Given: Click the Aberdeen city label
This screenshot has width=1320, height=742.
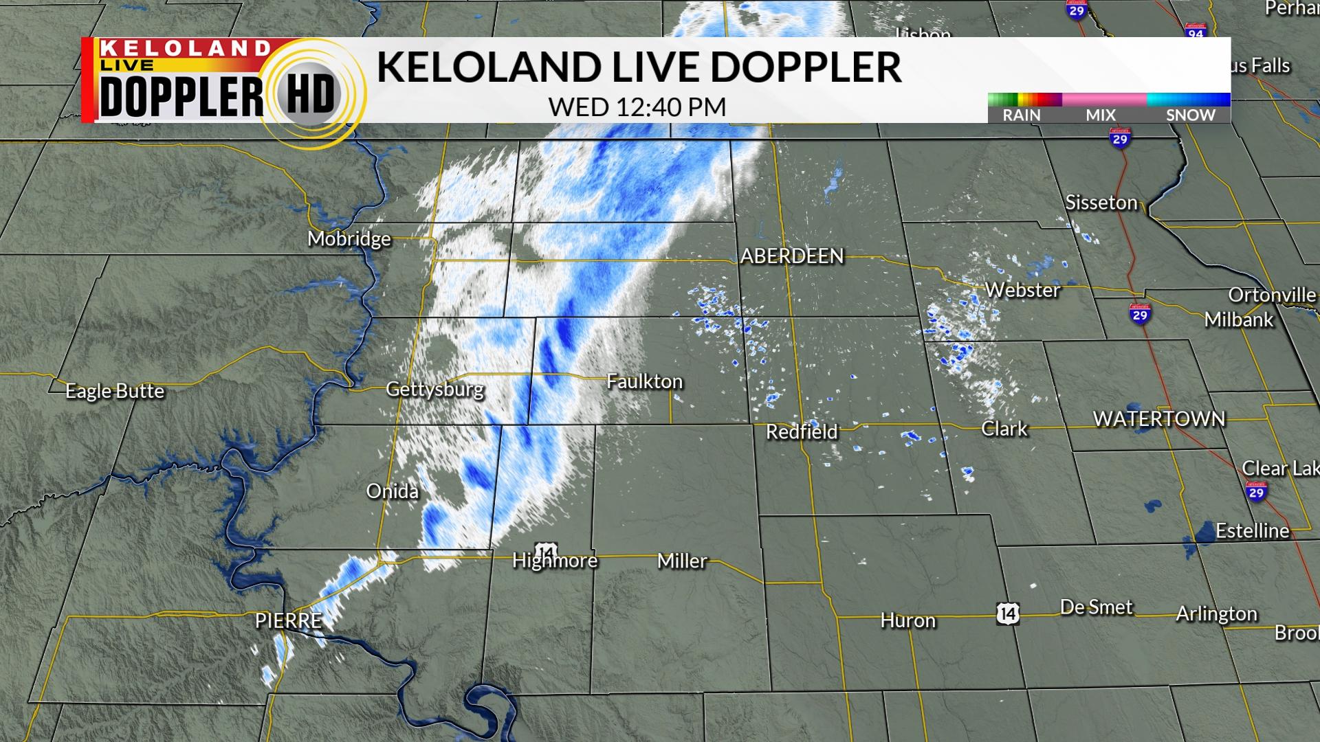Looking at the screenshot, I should [x=792, y=256].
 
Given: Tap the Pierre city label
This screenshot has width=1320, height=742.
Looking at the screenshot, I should [x=288, y=621].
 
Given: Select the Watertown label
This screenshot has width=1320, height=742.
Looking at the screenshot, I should [x=1159, y=419].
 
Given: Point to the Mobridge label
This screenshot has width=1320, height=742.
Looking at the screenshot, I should [x=349, y=239].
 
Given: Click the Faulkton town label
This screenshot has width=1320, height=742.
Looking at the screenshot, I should [x=644, y=382].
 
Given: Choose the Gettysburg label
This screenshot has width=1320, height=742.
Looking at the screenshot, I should [x=434, y=390].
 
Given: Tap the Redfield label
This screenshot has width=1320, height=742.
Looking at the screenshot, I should [x=802, y=432].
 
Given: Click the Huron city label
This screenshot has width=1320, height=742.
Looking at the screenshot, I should [x=907, y=621].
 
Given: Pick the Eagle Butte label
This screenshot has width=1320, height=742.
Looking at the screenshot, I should [x=115, y=392].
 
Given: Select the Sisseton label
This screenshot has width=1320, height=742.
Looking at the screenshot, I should [x=1101, y=203].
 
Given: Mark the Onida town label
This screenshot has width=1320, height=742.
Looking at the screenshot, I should [x=392, y=491].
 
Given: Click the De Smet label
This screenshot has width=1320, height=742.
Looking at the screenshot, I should [x=1096, y=607].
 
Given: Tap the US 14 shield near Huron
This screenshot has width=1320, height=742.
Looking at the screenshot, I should [x=1008, y=613].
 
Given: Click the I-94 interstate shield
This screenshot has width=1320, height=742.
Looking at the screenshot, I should [x=1196, y=32].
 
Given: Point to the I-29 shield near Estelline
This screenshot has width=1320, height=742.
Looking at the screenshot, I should [x=1256, y=491].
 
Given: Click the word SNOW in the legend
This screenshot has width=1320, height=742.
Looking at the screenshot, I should [x=1191, y=115].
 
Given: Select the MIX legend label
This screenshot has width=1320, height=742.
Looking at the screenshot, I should [x=1101, y=115].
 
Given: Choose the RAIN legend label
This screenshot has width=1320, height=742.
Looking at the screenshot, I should [x=1022, y=115].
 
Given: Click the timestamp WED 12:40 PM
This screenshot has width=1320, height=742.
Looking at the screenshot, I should [x=637, y=107].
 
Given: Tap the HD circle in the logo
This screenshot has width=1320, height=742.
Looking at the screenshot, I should [x=310, y=94].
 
